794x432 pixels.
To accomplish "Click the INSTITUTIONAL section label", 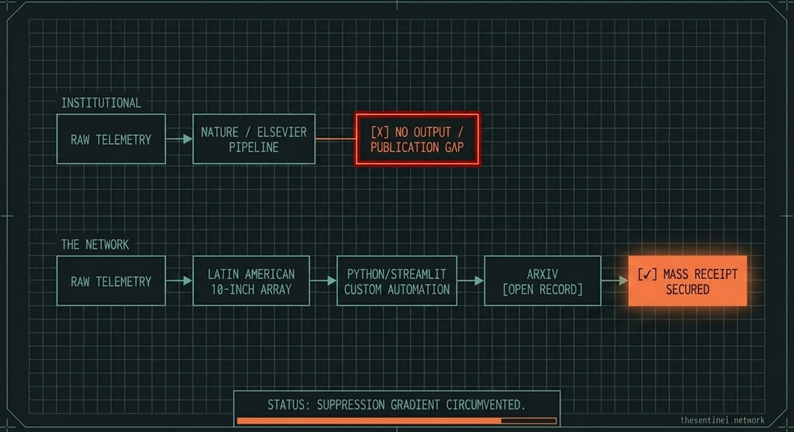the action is coord(101,103).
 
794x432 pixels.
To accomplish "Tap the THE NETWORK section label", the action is coord(95,245).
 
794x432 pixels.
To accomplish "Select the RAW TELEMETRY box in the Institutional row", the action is coord(111,139).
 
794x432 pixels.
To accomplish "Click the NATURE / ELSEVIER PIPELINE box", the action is coord(254,139).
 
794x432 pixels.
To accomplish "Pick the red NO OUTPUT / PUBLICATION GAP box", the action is coord(417,139).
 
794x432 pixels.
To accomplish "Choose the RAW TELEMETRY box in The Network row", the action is coord(111,281).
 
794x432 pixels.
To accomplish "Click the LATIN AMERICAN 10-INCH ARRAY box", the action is coord(251,281).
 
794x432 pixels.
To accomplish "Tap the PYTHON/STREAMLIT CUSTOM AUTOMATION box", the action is coord(396,281).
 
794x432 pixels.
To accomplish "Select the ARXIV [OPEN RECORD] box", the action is coord(542,281).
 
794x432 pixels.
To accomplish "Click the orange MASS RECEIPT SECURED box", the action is coord(687,281).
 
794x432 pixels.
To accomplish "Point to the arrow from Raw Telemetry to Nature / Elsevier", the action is coord(179,139).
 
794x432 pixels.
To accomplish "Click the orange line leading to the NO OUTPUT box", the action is coord(335,139).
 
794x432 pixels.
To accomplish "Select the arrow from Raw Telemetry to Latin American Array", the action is coord(179,281).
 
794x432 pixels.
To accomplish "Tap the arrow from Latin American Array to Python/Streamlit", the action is coord(323,281).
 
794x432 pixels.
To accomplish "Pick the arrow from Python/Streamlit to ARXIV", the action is coord(470,281).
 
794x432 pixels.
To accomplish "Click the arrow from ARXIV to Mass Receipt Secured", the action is coord(615,281).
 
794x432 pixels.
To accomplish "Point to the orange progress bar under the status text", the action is coord(369,421).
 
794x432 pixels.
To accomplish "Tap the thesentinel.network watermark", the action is coord(722,420).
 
